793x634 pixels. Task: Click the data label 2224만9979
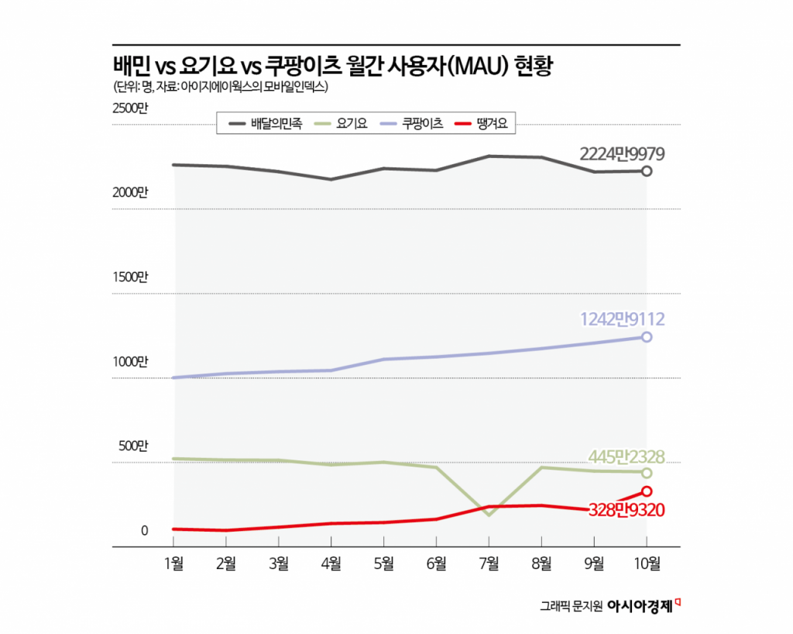(622, 152)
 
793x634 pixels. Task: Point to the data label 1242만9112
(622, 318)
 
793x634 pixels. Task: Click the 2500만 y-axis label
(129, 108)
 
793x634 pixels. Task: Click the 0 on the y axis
(144, 531)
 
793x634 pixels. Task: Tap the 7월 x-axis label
(489, 564)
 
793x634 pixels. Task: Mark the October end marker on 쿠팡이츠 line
(647, 337)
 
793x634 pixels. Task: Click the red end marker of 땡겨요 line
(647, 491)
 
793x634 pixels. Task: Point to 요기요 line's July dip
(489, 514)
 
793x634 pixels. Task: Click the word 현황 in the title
(536, 66)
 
